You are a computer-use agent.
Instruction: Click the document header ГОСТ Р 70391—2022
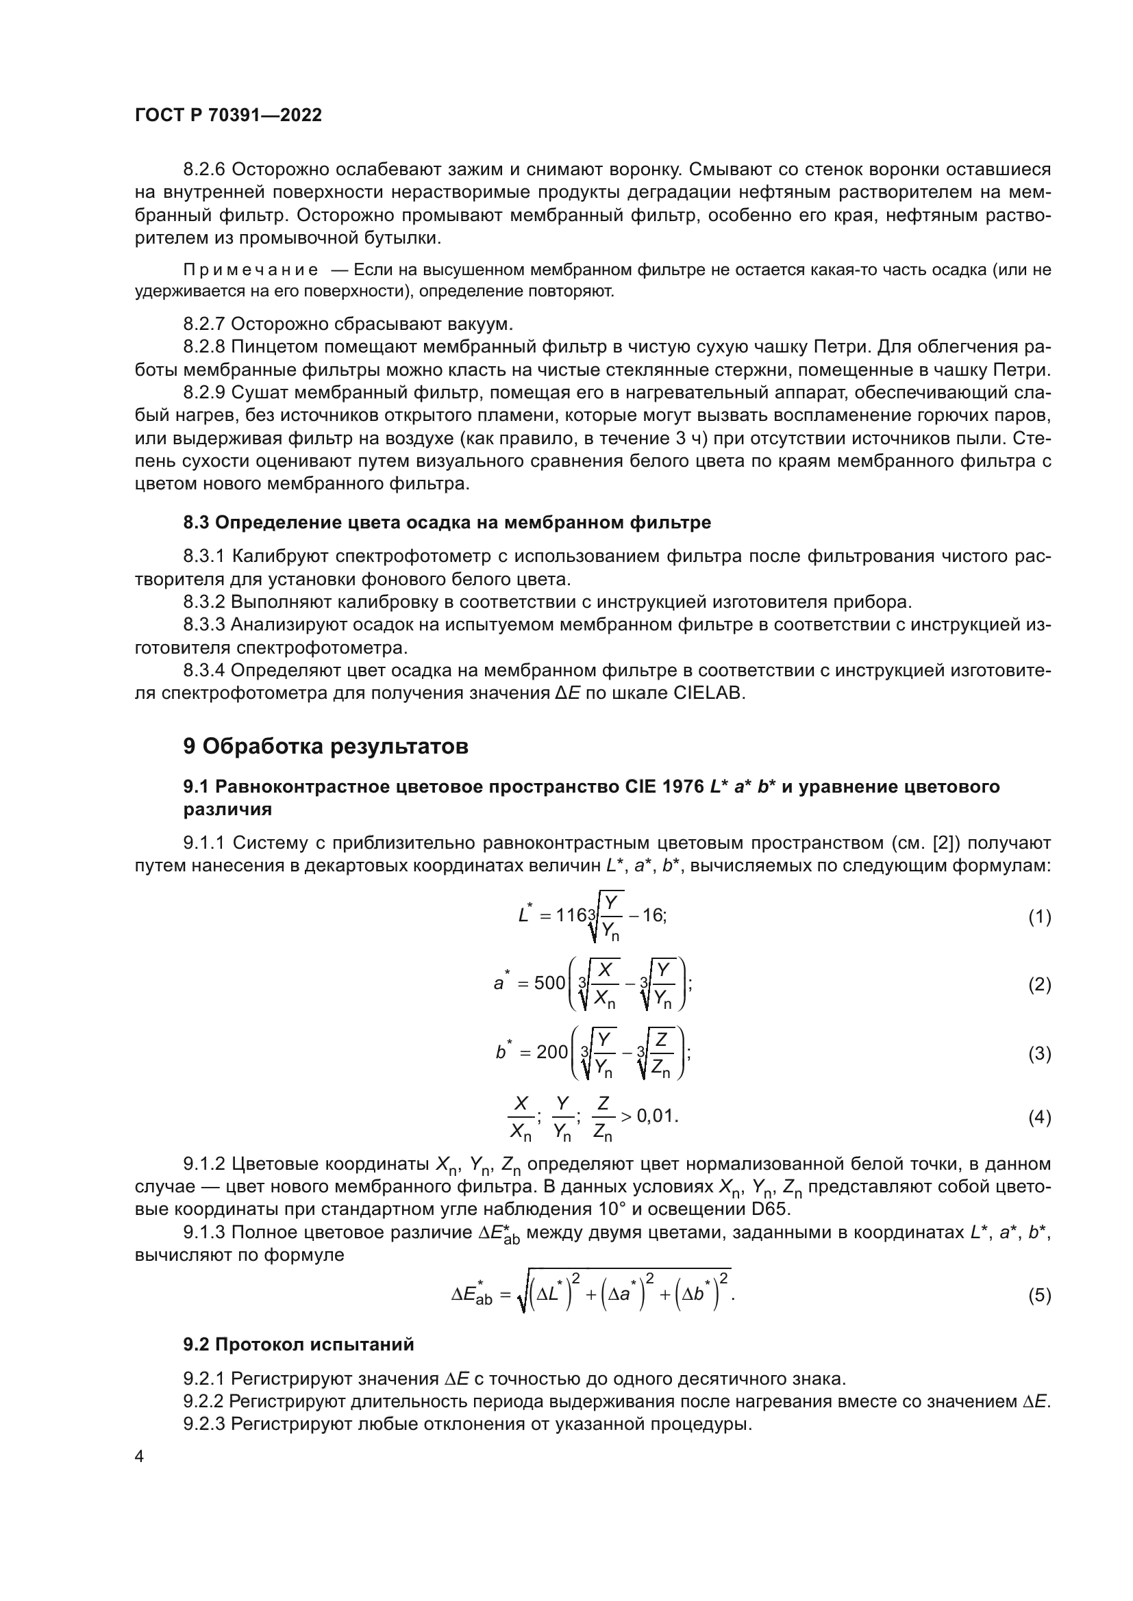point(228,116)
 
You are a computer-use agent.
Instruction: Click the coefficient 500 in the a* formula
point(549,983)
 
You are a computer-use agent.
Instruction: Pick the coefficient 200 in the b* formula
point(552,1051)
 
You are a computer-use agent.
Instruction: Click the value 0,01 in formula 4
point(656,1116)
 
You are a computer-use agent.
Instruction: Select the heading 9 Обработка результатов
point(325,747)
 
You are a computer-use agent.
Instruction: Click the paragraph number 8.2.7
point(203,324)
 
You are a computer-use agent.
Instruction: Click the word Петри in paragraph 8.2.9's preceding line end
point(1022,370)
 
